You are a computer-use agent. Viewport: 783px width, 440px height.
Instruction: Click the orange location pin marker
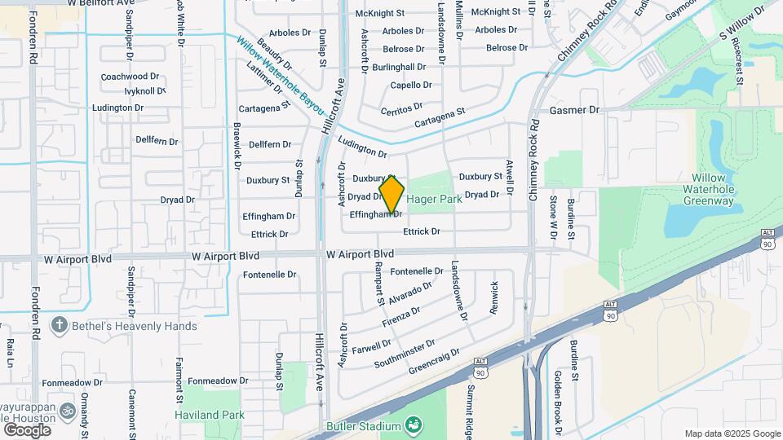point(392,196)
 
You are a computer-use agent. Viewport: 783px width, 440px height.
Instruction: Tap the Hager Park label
point(434,198)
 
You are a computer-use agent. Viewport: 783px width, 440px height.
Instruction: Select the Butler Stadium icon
point(414,425)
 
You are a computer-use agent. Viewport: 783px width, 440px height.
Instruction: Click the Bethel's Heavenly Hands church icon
point(59,326)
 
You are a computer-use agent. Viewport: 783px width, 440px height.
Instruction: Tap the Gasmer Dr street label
point(574,110)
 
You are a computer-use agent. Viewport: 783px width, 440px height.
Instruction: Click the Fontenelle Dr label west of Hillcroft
point(269,275)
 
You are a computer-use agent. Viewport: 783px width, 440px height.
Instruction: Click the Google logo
point(27,429)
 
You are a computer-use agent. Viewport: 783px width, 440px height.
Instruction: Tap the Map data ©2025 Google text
point(732,433)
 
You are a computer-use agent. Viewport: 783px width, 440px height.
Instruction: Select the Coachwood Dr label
point(124,77)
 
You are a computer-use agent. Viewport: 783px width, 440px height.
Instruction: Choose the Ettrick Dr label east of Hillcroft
point(422,231)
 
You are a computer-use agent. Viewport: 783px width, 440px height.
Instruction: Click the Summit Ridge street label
point(470,407)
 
